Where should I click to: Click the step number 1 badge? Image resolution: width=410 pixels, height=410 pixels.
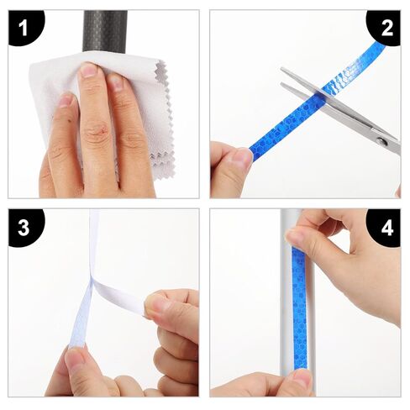[x=25, y=27]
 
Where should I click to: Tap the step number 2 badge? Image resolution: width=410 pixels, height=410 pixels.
[x=385, y=27]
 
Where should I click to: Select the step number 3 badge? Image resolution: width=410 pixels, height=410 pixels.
[x=25, y=227]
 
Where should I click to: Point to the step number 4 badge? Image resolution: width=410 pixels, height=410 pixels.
[x=386, y=228]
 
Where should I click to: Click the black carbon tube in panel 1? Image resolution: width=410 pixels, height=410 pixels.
[x=105, y=31]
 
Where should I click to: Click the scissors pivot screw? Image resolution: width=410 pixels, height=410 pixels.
[x=381, y=141]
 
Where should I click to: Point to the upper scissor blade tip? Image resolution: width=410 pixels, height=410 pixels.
[x=281, y=68]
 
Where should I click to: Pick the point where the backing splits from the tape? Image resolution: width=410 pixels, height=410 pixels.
[x=92, y=281]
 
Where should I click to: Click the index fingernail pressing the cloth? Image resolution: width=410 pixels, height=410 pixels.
[x=88, y=70]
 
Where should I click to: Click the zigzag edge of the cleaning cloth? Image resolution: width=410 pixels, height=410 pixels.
[x=166, y=118]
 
